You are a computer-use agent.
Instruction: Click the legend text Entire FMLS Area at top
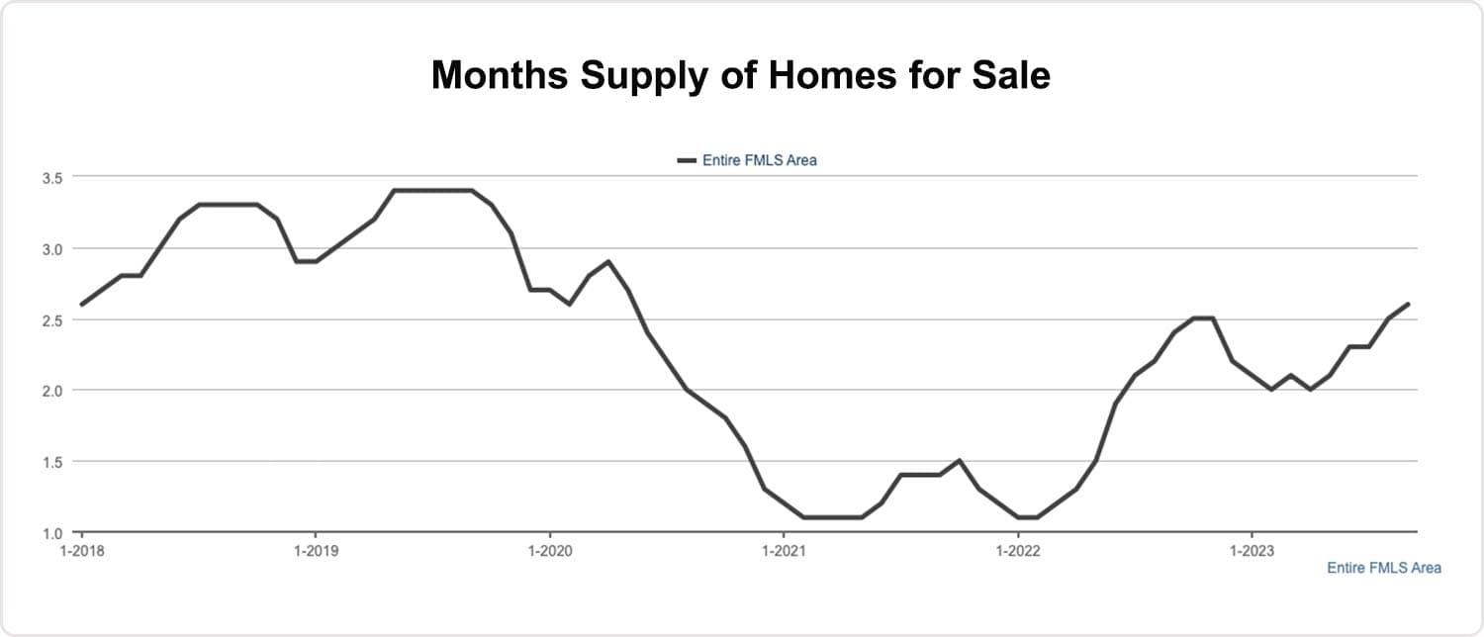(760, 160)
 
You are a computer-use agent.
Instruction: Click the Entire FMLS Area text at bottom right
(1383, 568)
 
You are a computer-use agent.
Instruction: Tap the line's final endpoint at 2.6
(1408, 304)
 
